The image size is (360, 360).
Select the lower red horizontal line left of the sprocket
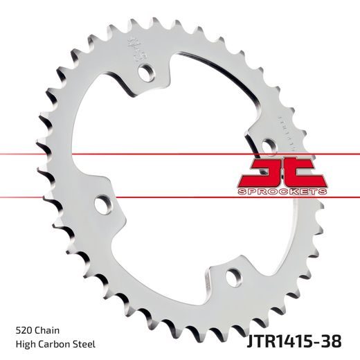[28, 197]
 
